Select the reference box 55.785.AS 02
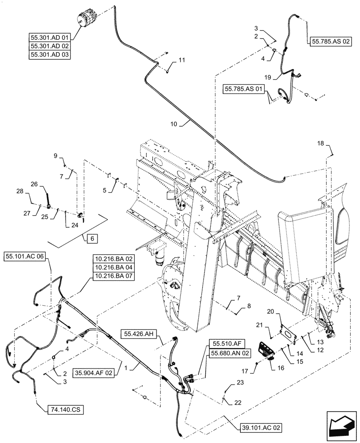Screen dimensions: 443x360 click(x=331, y=41)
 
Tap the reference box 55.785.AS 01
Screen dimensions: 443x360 click(x=245, y=89)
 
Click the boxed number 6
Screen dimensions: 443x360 click(x=91, y=238)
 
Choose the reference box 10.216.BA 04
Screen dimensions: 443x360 click(x=113, y=267)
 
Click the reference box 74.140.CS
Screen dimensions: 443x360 click(x=64, y=410)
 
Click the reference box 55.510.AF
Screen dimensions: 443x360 click(x=226, y=344)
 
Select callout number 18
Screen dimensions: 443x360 click(x=321, y=143)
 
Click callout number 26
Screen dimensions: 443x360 click(x=34, y=184)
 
